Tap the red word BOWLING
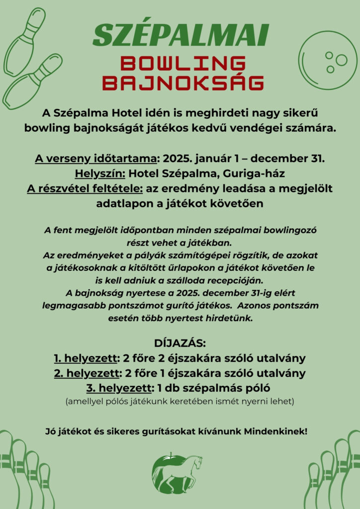pyautogui.click(x=183, y=64)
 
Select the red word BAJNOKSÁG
pyautogui.click(x=183, y=83)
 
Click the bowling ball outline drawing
pyautogui.click(x=328, y=60)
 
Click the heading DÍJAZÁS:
pyautogui.click(x=180, y=343)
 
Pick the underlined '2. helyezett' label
pyautogui.click(x=86, y=373)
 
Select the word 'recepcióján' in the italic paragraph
pyautogui.click(x=241, y=279)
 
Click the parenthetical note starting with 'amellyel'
pyautogui.click(x=180, y=401)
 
